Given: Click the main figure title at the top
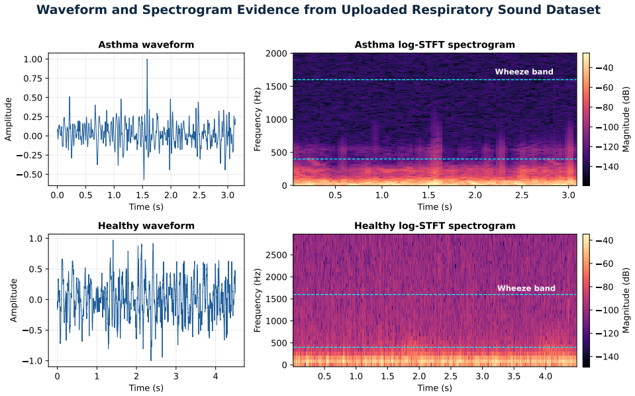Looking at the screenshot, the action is [x=318, y=10].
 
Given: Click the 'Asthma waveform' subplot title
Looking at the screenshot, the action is [x=146, y=44].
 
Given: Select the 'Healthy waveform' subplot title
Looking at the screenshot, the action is [x=146, y=226].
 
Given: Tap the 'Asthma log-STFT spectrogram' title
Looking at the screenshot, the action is [x=435, y=44].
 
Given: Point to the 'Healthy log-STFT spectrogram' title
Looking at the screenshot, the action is [x=435, y=226].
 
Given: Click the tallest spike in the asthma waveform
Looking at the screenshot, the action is [x=147, y=60].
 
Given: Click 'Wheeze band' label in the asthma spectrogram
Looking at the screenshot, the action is [x=524, y=72].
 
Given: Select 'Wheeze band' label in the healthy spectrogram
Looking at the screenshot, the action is [x=526, y=288].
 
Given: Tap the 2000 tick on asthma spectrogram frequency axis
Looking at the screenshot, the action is [x=276, y=54].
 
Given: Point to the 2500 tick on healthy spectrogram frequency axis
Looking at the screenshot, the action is [x=276, y=255].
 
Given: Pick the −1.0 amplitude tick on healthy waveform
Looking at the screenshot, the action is [x=32, y=361].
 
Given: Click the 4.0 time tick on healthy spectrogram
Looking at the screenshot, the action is [x=546, y=376].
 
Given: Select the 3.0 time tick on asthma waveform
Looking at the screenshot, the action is [x=228, y=195].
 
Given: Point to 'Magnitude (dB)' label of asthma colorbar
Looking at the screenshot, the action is [x=626, y=119].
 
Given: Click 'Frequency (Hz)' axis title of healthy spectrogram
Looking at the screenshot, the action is [x=258, y=300].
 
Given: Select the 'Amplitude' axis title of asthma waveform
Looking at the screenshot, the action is [x=8, y=119].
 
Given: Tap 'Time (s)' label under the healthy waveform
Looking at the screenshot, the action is [x=146, y=388].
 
